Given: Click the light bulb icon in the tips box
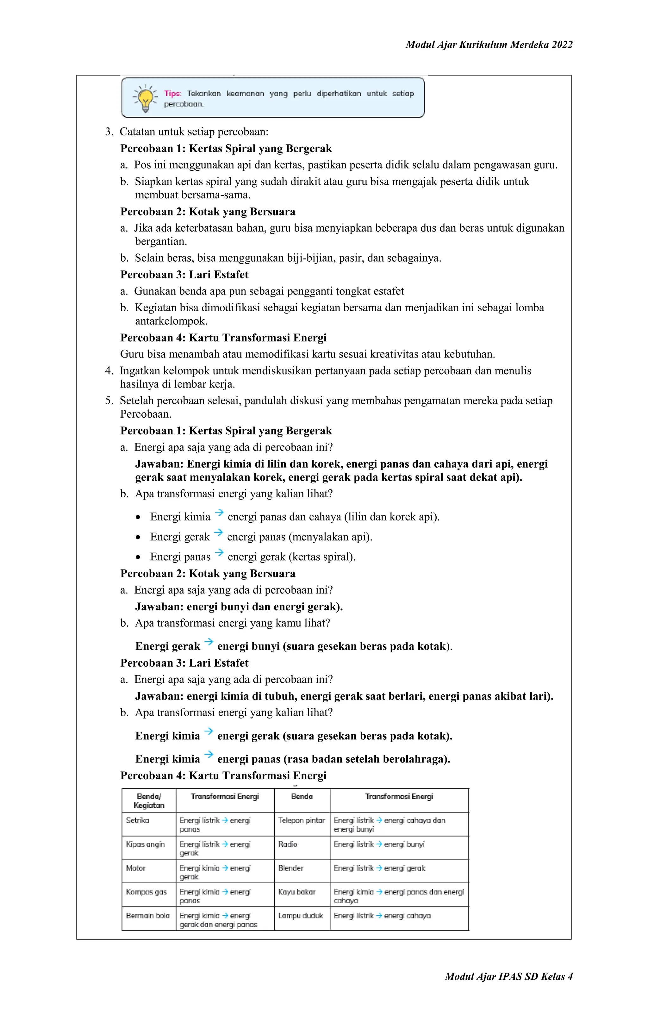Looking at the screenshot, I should pos(145,98).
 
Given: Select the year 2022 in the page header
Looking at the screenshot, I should pos(562,45).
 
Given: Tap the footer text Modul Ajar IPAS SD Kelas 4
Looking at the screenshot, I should pos(508,976).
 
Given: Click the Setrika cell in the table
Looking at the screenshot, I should pos(138,820).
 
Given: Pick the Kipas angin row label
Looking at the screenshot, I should pos(145,844).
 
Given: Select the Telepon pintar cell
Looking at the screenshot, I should pos(301,820).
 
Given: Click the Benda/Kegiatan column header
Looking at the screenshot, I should pos(149,800).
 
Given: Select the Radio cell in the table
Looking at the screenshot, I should pos(288,844).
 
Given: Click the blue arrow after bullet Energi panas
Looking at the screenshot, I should pos(219,552).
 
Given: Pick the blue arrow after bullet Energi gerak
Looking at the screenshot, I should pos(219,532).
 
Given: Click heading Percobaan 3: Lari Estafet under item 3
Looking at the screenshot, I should pos(184,275).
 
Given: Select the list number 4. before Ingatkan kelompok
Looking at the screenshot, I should pos(109,371).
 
